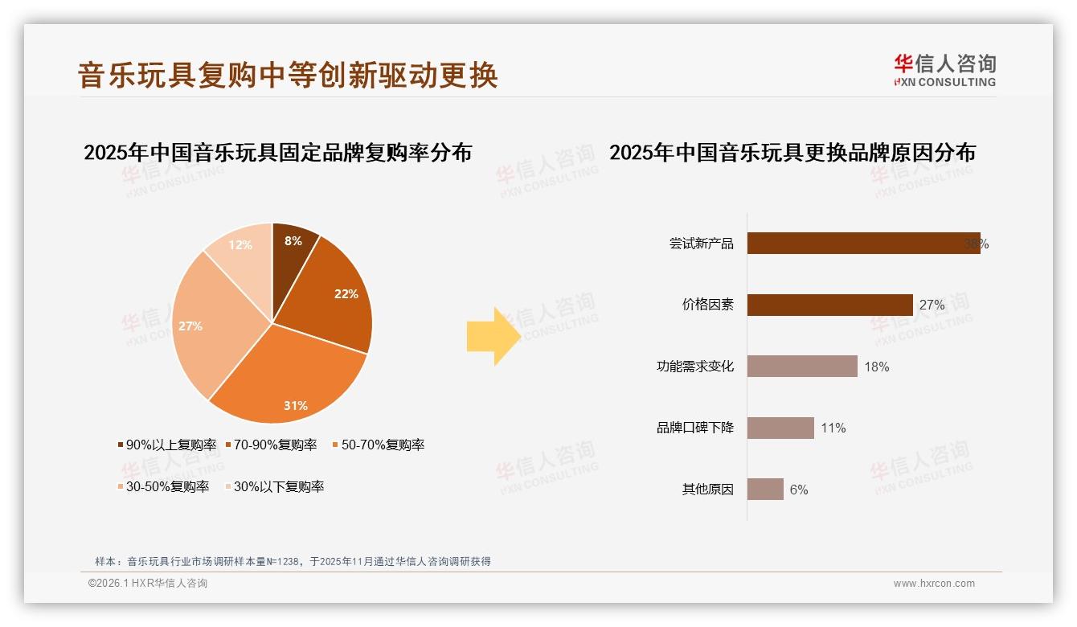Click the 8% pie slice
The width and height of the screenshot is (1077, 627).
pos(293,249)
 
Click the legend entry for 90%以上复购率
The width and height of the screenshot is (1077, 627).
pos(167,445)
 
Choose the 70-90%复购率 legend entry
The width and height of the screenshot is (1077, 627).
pos(271,445)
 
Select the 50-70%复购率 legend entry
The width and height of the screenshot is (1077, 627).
pos(378,445)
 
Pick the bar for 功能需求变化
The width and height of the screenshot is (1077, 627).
pos(801,367)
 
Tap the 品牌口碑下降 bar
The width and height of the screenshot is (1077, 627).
pos(780,428)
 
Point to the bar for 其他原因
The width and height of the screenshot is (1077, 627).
pos(764,489)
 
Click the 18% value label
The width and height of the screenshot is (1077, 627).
pos(876,367)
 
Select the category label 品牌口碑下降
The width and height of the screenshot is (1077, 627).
pos(695,428)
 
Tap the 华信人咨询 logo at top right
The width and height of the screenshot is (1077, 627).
pos(944,70)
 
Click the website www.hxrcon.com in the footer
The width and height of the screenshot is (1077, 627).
pos(934,584)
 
